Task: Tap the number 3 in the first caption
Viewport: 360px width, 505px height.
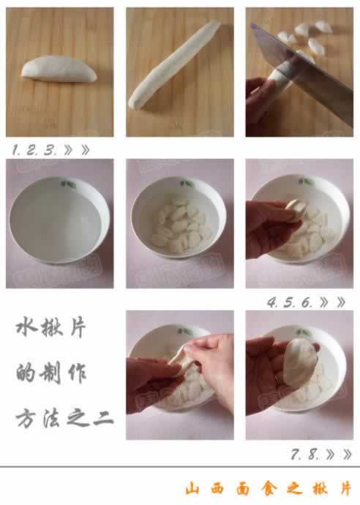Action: (49, 150)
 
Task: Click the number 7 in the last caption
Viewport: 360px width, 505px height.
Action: (296, 454)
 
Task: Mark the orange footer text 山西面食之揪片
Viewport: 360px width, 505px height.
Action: (267, 488)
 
